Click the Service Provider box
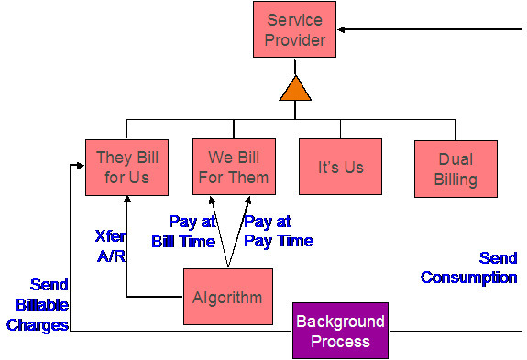pos(295,29)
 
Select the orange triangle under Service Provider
pos(295,90)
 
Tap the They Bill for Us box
pos(126,167)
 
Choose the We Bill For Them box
pos(234,167)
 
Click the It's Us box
pos(340,167)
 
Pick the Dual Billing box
pos(456,169)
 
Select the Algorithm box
pos(227,297)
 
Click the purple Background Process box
pos(340,331)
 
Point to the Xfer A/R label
pos(110,246)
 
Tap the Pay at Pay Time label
pos(279,231)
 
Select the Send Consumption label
pos(468,267)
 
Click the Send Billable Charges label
pos(38,304)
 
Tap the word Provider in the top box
pos(295,39)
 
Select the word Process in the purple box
pos(340,341)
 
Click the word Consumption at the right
pos(468,277)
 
